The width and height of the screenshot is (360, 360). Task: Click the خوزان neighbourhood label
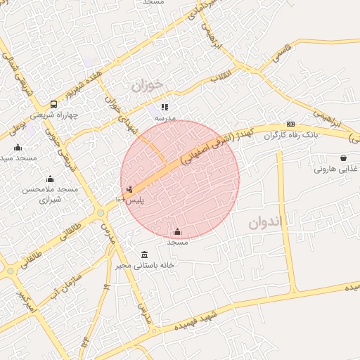[x=146, y=85]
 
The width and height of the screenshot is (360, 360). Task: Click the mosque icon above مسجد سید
[x=18, y=147]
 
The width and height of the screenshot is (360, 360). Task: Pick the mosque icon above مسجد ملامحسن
[x=50, y=179]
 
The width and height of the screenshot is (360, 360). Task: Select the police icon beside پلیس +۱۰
[x=129, y=188]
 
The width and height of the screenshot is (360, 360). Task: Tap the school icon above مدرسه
[x=165, y=108]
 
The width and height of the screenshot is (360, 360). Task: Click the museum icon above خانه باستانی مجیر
[x=145, y=254]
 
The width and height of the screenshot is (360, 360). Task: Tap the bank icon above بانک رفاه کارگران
[x=291, y=124]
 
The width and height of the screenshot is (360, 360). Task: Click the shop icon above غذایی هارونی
[x=342, y=158]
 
